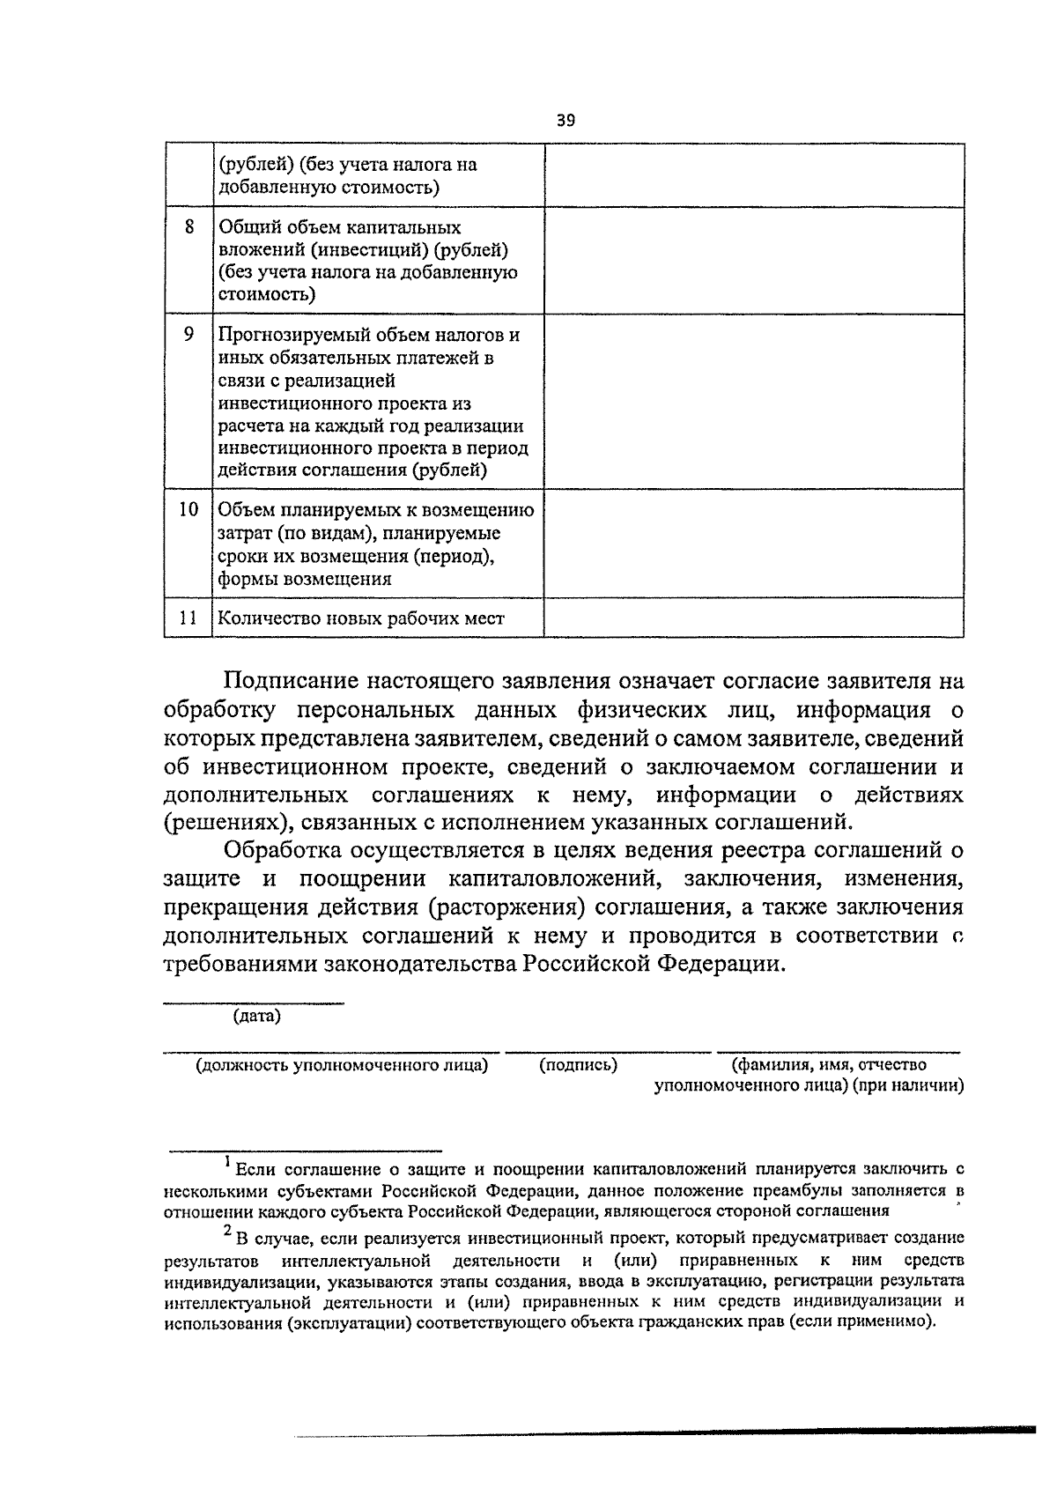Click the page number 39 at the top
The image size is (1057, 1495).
(565, 121)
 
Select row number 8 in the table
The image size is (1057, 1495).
(188, 227)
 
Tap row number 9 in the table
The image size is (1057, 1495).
(188, 335)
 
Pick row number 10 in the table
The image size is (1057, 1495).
(188, 509)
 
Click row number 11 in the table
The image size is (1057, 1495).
(188, 618)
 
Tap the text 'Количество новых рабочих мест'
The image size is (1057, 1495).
(361, 618)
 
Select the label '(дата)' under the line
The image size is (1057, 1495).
(256, 1016)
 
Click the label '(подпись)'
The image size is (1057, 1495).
(578, 1065)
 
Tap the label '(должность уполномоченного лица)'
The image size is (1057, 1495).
(342, 1065)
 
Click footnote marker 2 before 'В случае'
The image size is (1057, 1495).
(227, 1231)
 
